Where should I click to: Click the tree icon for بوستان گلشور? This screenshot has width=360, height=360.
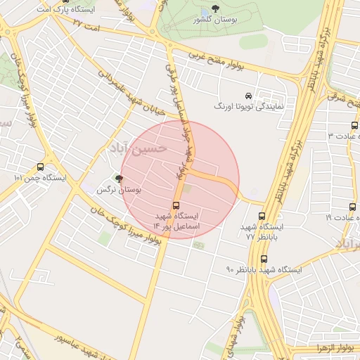click(x=215, y=8)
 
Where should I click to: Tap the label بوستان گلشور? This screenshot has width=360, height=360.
click(x=216, y=20)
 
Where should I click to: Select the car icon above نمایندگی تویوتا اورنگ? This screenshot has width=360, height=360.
click(x=247, y=96)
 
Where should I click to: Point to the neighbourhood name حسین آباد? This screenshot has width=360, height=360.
click(x=138, y=148)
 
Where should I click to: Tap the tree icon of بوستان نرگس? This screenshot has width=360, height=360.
click(x=118, y=179)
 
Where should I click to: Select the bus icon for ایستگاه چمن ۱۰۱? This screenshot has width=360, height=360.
click(x=39, y=167)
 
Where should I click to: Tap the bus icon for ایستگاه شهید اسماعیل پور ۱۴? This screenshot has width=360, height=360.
click(x=176, y=206)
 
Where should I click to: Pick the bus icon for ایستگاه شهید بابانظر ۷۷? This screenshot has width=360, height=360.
click(x=262, y=217)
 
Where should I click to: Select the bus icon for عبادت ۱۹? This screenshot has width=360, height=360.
click(x=353, y=207)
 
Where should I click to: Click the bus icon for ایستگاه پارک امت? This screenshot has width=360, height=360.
click(x=65, y=1)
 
